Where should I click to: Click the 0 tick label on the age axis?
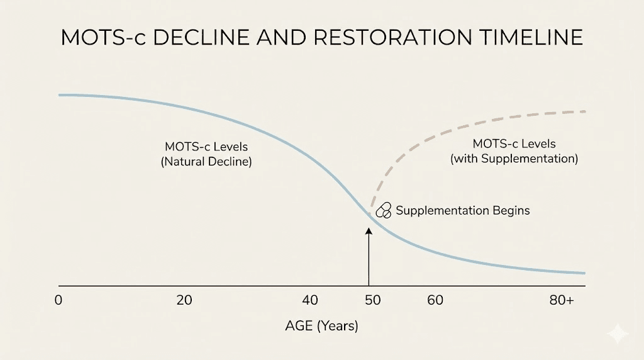point(58,300)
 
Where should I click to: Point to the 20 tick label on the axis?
point(184,300)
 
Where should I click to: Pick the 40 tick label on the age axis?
point(310,300)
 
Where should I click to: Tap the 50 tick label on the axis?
point(373,300)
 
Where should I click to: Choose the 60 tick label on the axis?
point(435,300)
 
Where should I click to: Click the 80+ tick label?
point(561,300)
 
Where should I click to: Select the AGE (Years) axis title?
point(321,326)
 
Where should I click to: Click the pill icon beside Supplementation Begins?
point(383,211)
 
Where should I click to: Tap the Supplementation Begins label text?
point(462,211)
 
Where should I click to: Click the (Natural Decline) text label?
point(206,161)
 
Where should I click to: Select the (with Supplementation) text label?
point(514,159)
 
